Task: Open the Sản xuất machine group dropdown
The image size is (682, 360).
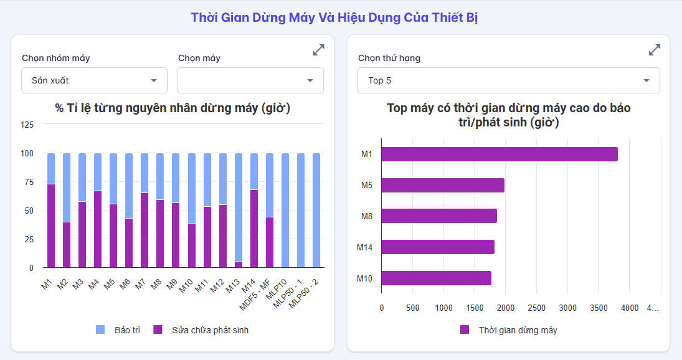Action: click(x=94, y=80)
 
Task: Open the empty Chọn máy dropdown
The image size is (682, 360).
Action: click(x=250, y=80)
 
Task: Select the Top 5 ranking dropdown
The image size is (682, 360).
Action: click(x=508, y=80)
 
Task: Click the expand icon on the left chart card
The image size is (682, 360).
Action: click(x=318, y=50)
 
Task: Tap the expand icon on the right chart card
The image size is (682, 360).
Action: click(x=654, y=50)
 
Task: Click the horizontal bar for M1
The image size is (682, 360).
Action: click(x=499, y=154)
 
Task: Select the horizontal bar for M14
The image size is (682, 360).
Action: click(x=437, y=247)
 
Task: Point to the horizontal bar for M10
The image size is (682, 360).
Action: click(x=436, y=278)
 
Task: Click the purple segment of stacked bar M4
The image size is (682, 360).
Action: click(x=98, y=229)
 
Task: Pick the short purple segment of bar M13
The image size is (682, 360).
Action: click(x=239, y=265)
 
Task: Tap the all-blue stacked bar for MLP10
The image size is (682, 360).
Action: click(x=285, y=211)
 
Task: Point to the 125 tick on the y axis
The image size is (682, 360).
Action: click(x=27, y=125)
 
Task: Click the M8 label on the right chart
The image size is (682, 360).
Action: click(x=366, y=216)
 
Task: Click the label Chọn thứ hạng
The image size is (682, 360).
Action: click(x=389, y=58)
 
